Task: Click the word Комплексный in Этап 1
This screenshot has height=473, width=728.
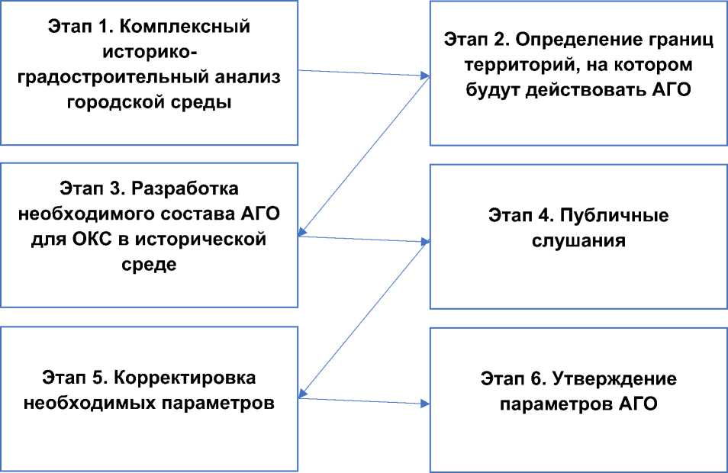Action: (199, 28)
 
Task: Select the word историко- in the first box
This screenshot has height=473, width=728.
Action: (149, 53)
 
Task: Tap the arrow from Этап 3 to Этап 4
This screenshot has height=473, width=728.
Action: (362, 240)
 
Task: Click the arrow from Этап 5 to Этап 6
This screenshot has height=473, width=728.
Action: (362, 400)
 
